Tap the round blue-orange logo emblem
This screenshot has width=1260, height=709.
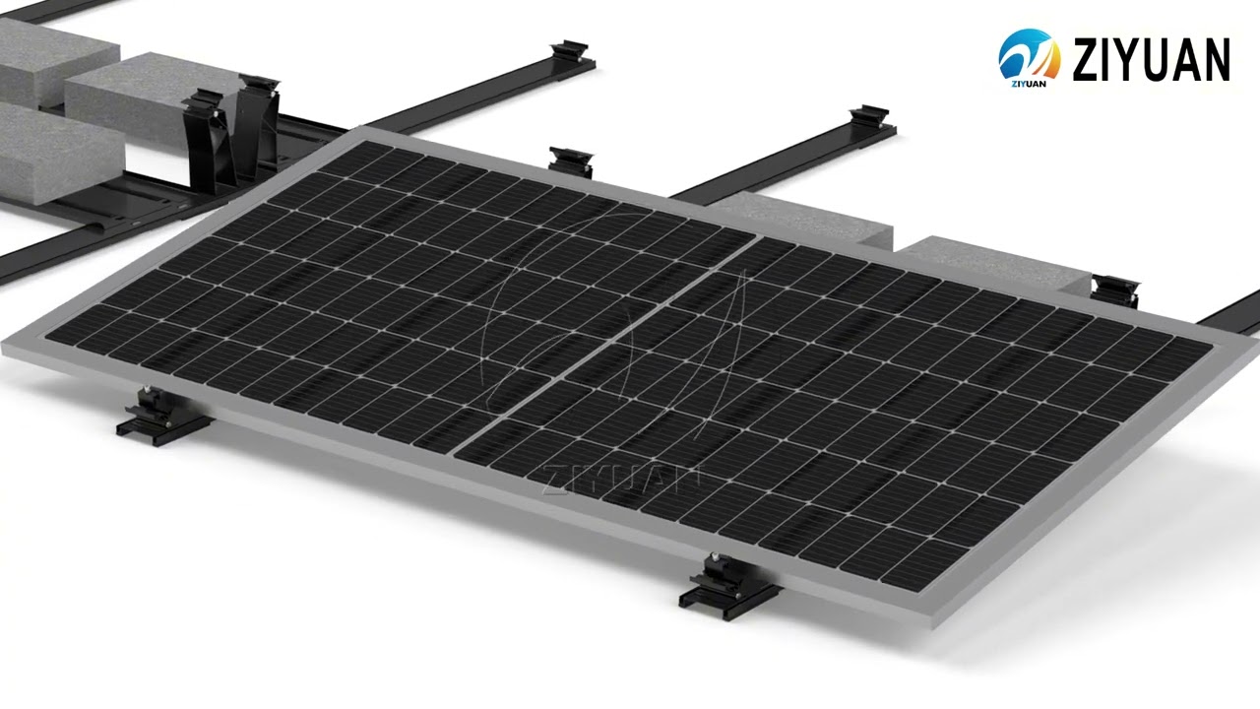(x=1029, y=54)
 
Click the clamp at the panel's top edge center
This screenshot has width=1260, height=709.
(x=571, y=160)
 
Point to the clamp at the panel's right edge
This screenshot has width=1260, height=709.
(x=1116, y=290)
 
